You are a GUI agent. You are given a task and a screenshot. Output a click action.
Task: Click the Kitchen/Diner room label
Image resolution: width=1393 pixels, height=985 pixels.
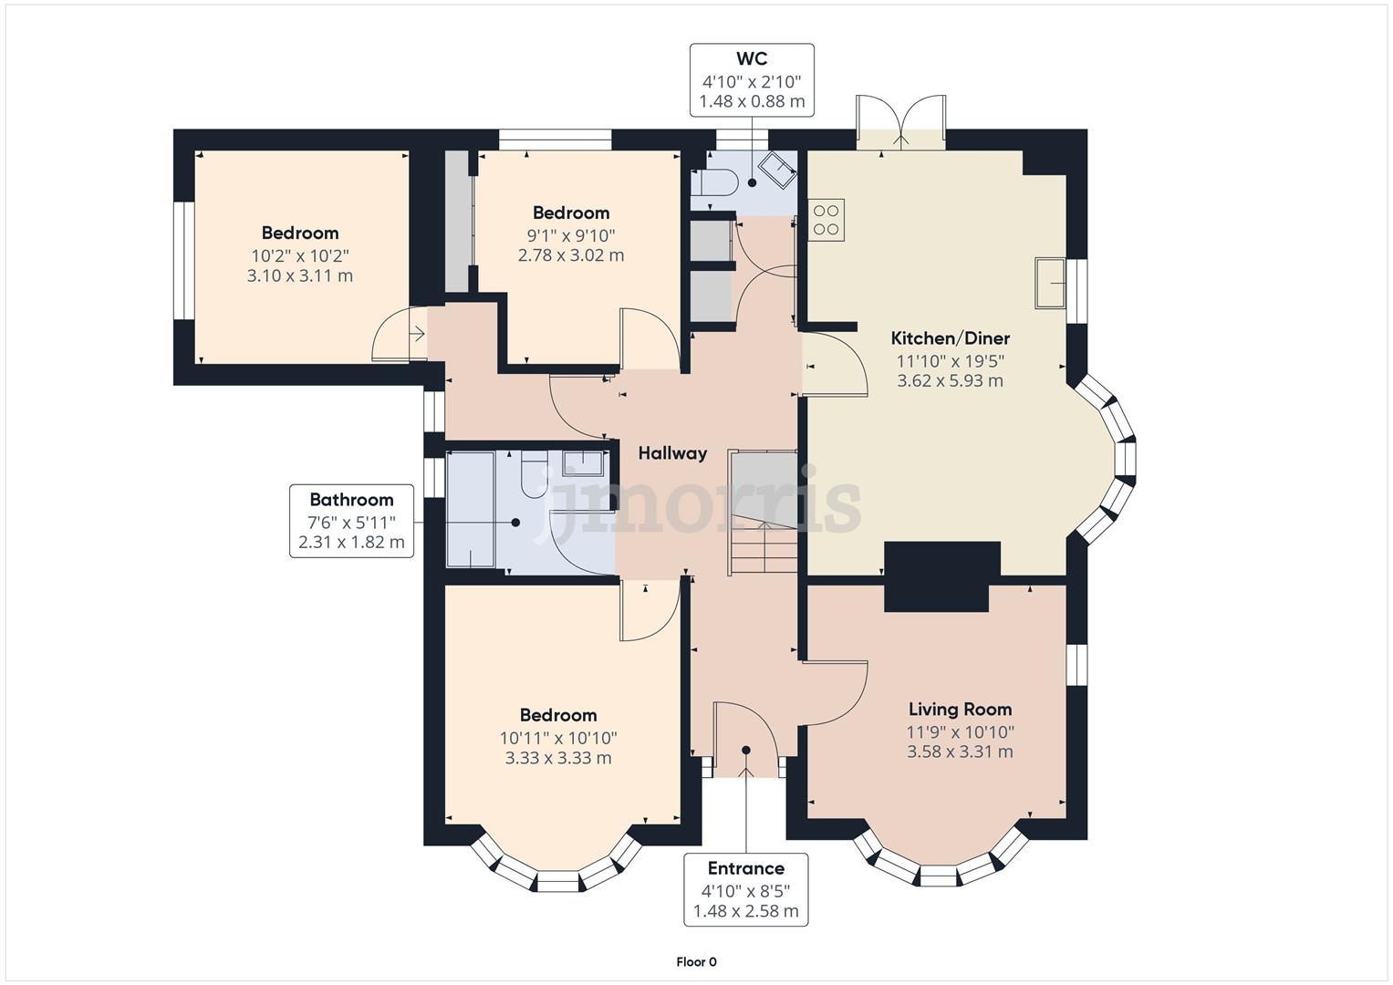click(x=950, y=338)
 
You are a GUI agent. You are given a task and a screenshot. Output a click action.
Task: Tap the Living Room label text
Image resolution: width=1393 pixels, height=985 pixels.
click(x=960, y=710)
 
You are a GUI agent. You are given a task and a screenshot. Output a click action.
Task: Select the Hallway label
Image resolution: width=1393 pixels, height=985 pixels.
click(x=672, y=453)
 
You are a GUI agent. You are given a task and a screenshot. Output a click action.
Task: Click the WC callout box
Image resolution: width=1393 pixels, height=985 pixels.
click(x=752, y=80)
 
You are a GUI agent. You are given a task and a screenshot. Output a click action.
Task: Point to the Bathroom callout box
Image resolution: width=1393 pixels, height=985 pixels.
click(x=351, y=521)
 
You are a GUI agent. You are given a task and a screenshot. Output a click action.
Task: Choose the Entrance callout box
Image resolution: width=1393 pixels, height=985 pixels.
click(x=745, y=889)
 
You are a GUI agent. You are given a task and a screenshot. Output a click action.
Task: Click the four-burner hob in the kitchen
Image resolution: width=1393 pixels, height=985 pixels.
click(x=826, y=220)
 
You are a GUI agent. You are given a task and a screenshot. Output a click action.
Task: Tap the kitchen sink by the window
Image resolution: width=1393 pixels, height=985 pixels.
click(x=1050, y=283)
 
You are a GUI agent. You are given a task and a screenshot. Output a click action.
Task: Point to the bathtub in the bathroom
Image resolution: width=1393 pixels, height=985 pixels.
click(x=471, y=510)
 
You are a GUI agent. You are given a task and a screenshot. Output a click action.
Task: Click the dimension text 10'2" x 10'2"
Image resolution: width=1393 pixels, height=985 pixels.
click(x=300, y=255)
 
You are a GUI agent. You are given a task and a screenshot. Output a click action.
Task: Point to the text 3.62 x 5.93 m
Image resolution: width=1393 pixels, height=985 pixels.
click(x=950, y=381)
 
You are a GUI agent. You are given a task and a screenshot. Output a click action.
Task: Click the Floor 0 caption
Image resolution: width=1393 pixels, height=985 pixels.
click(x=696, y=961)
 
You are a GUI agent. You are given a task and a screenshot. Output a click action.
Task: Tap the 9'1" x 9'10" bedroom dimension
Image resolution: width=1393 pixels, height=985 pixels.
click(x=571, y=234)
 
